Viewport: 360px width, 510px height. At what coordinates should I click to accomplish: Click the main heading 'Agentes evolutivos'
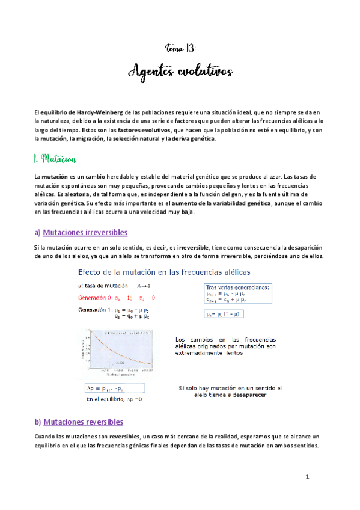pyautogui.click(x=180, y=72)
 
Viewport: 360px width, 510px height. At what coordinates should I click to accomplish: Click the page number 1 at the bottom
pyautogui.click(x=307, y=477)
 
